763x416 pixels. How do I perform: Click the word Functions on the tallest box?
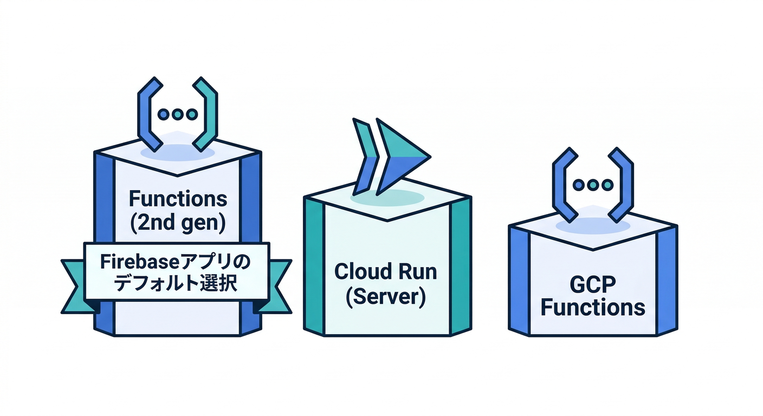pyautogui.click(x=178, y=199)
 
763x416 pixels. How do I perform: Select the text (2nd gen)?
pyautogui.click(x=178, y=223)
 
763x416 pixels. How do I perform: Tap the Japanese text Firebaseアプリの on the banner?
pyautogui.click(x=176, y=263)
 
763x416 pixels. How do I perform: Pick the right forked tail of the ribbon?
pyautogui.click(x=278, y=287)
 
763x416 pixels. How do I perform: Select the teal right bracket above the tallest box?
pyautogui.click(x=205, y=114)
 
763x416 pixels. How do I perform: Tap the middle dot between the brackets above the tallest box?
pyautogui.click(x=177, y=114)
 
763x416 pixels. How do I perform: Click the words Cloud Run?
pyautogui.click(x=386, y=271)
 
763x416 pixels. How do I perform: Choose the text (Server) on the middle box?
pyautogui.click(x=386, y=297)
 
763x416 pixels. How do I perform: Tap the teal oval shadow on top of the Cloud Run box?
pyautogui.click(x=387, y=197)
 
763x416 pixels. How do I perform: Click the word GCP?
pyautogui.click(x=593, y=284)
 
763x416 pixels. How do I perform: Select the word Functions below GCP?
pyautogui.click(x=593, y=307)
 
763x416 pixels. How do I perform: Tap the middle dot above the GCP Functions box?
pyautogui.click(x=593, y=185)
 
